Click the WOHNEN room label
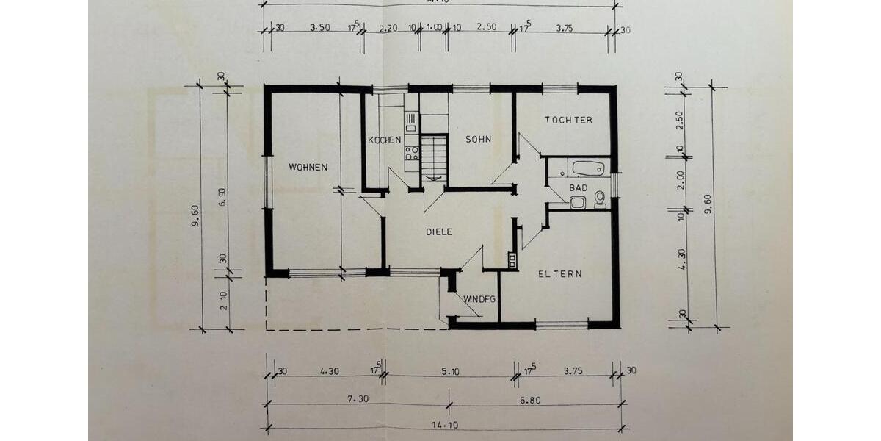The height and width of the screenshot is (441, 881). point(308,167)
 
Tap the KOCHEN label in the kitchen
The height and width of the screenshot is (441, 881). point(385,140)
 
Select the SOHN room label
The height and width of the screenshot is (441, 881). point(477,139)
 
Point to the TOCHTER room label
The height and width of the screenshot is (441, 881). point(568,120)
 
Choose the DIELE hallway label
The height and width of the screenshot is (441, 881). point(439,232)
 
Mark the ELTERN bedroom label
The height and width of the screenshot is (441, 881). point(559,274)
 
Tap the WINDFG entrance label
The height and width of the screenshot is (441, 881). point(480,299)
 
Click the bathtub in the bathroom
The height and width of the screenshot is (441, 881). point(587,168)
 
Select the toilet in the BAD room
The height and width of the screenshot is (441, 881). point(600,198)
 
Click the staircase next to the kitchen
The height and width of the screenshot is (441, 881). point(434,157)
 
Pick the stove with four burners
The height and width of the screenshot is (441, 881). point(411,153)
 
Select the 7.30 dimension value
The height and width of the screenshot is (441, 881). point(358,398)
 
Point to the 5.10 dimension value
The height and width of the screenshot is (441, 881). point(450,372)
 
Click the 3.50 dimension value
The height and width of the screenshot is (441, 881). point(320,28)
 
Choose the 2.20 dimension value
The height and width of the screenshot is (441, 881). point(388,28)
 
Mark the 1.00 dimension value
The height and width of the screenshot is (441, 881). point(434,28)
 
